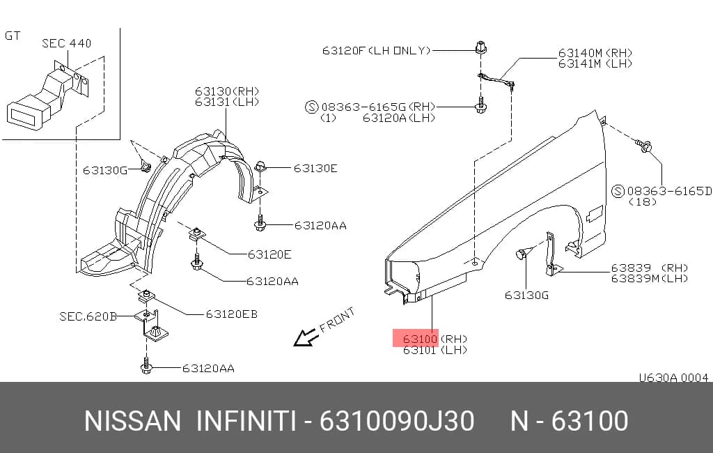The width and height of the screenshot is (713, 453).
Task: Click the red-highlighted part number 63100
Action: click(x=420, y=339)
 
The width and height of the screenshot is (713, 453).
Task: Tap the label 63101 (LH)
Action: click(x=434, y=350)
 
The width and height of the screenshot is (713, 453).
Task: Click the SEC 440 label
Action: click(x=66, y=43)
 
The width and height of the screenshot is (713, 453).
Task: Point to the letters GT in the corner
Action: click(x=13, y=36)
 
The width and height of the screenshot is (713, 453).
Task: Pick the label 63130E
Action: click(x=315, y=169)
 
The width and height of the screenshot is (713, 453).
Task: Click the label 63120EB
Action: click(x=231, y=314)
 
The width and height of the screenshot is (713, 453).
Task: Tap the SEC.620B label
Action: click(x=88, y=316)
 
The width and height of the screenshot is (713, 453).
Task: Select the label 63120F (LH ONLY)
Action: click(x=376, y=50)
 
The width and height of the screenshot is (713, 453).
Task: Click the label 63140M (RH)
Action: click(x=595, y=53)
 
